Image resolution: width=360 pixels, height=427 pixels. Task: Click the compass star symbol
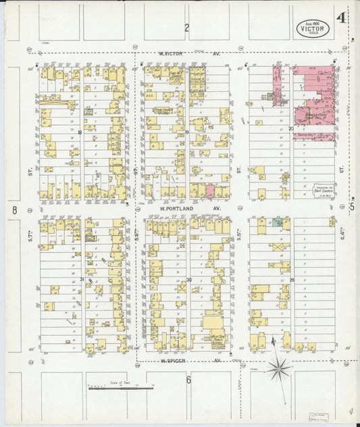point(278,369)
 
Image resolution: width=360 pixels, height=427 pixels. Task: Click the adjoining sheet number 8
point(14,210)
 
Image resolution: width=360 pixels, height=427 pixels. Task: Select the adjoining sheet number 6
point(189,380)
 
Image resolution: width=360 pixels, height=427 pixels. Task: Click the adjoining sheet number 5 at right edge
point(351,207)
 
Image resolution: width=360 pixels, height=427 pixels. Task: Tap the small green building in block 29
point(277,222)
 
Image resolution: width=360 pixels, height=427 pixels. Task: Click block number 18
point(80,132)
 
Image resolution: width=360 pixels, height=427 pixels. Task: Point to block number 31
point(82,279)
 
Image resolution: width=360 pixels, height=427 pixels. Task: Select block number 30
point(188,280)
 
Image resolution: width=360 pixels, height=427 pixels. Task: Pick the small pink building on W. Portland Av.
point(209,192)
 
